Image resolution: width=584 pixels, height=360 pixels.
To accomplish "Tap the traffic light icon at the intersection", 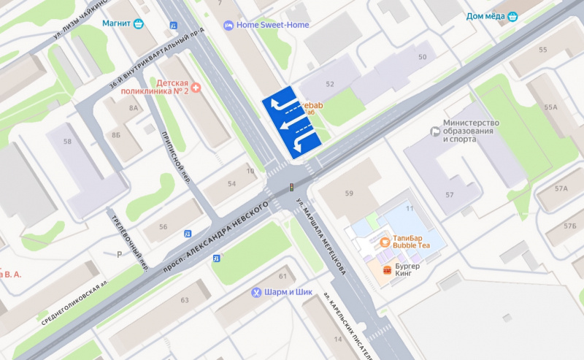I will pyautogui.click(x=292, y=188).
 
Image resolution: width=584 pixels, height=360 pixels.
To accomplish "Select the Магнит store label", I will pyautogui.click(x=117, y=23).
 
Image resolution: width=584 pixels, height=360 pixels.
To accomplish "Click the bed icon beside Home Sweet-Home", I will pyautogui.click(x=228, y=25).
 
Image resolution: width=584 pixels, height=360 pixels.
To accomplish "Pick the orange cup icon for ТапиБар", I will pyautogui.click(x=384, y=242).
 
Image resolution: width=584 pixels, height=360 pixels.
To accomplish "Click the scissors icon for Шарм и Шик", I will pyautogui.click(x=256, y=292).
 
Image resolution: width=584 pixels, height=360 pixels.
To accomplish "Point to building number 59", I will pyautogui.click(x=349, y=194).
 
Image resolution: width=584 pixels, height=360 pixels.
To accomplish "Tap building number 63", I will pyautogui.click(x=185, y=300).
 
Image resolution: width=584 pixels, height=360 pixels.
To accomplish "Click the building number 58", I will pyautogui.click(x=68, y=141).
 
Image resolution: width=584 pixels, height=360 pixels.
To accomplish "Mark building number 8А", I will pyautogui.click(x=134, y=107).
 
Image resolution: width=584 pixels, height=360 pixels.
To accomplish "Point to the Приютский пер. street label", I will pyautogui.click(x=176, y=159).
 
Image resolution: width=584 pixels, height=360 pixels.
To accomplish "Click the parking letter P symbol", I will pyautogui.click(x=119, y=255).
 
